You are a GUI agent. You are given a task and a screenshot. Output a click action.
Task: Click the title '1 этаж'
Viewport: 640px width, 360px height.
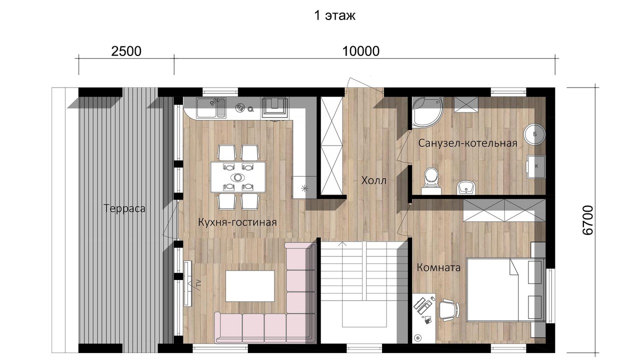click(334, 15)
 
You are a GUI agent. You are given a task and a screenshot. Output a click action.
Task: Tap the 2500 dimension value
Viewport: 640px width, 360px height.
click(126, 51)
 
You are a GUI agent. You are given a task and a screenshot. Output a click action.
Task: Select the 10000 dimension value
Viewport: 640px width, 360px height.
click(360, 51)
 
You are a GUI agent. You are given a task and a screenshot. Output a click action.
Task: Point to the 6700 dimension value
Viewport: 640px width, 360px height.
click(588, 220)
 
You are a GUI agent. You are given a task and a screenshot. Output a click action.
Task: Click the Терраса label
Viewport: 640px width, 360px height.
click(124, 208)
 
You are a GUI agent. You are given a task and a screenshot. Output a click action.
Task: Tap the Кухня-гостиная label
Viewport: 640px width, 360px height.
click(237, 222)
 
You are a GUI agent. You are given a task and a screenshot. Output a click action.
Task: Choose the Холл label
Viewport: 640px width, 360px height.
click(373, 180)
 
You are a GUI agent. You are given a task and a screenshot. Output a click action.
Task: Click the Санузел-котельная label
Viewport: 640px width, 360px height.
click(467, 143)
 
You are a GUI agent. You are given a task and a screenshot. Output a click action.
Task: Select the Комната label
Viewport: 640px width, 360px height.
click(438, 267)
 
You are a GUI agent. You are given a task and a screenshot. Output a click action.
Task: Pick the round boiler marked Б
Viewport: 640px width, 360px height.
click(534, 134)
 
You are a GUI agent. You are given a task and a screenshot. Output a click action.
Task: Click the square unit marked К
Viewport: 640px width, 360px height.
click(535, 167)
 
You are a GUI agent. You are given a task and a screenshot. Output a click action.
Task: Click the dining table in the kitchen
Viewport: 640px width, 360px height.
click(238, 177)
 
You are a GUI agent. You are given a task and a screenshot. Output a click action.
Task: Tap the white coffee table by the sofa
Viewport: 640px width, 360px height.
click(250, 286)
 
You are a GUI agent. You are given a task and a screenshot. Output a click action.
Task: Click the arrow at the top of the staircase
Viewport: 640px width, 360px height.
click(342, 243)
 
